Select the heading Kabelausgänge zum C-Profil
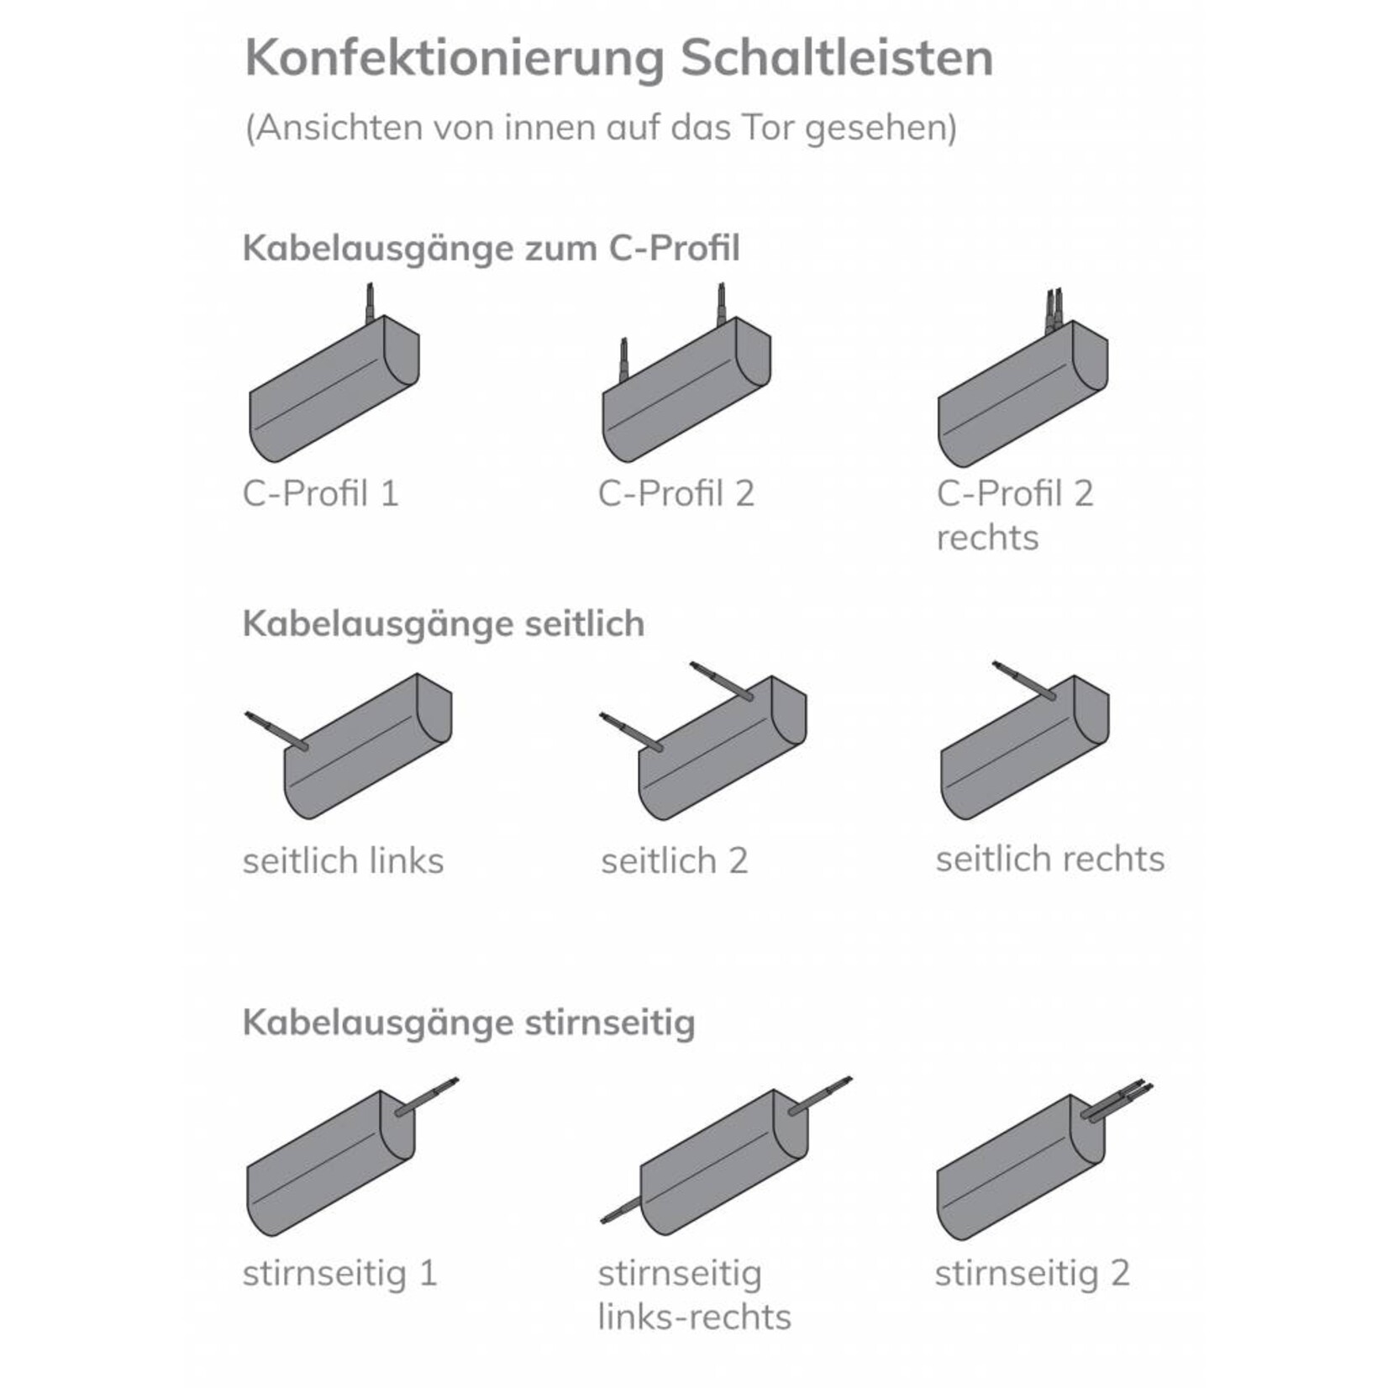[492, 250]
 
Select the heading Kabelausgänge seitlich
[444, 624]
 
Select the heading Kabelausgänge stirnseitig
[469, 1023]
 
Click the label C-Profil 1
[320, 494]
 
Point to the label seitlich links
[343, 861]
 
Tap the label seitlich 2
[674, 861]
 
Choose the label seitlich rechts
[1050, 860]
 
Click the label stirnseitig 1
[339, 1273]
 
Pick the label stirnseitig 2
[1032, 1273]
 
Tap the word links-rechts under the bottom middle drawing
[694, 1317]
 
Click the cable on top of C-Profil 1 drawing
[369, 303]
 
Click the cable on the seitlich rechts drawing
[1024, 681]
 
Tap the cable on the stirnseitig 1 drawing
[427, 1097]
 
